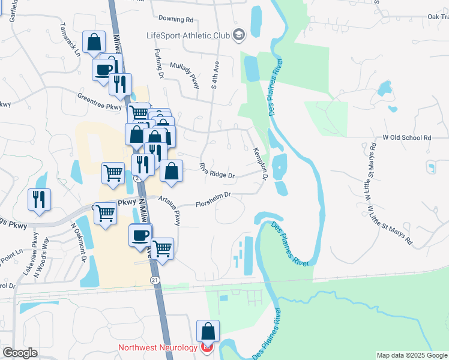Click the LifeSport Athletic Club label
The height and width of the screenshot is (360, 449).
[x=188, y=35]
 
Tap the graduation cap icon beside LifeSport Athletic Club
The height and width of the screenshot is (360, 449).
[x=239, y=35]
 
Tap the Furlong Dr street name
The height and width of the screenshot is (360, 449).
[x=159, y=64]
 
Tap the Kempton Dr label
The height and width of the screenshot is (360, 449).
[x=260, y=164]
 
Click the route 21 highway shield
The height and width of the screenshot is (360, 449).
[x=155, y=280]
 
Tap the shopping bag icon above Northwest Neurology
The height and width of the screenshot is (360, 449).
[x=208, y=331]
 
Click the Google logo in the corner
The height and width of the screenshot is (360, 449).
[x=20, y=353]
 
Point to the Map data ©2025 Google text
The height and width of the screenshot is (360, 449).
[x=412, y=355]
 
